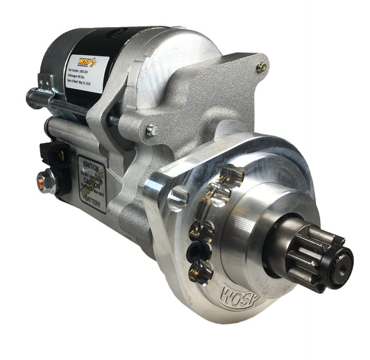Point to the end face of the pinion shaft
[344, 263]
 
